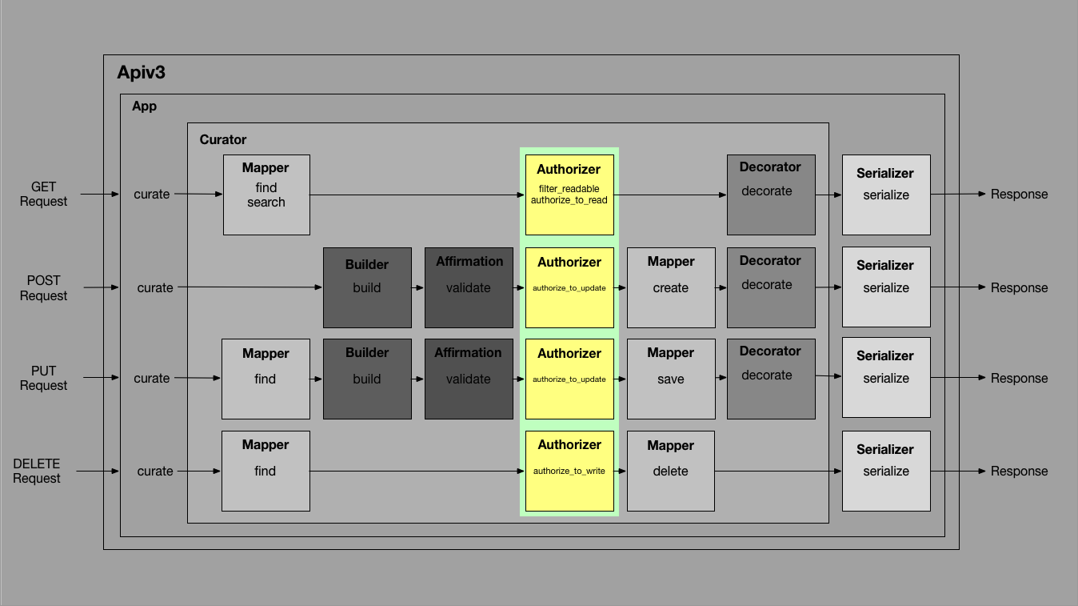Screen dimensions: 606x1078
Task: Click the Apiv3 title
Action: click(x=142, y=73)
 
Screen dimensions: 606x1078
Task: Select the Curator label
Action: click(x=223, y=139)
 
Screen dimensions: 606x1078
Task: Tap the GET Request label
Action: click(x=43, y=194)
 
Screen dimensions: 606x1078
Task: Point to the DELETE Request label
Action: click(x=37, y=471)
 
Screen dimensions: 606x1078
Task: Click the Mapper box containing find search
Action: click(x=266, y=195)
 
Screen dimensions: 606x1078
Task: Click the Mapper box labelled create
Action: click(x=671, y=287)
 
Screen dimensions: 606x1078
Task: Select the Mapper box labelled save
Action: click(x=671, y=379)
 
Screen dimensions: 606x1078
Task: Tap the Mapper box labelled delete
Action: click(x=671, y=471)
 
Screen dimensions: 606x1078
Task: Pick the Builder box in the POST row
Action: click(x=367, y=287)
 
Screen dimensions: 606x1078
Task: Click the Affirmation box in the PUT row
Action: click(x=469, y=379)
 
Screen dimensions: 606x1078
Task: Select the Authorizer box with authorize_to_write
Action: click(x=569, y=471)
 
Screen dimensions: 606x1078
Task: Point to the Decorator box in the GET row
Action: click(x=771, y=195)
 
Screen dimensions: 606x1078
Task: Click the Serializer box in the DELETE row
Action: click(x=886, y=471)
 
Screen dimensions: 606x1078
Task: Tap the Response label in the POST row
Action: click(x=1019, y=287)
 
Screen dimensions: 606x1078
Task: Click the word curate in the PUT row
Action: click(x=152, y=379)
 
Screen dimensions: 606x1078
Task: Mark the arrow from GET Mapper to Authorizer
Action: click(x=416, y=195)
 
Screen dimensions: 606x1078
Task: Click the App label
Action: click(x=145, y=106)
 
